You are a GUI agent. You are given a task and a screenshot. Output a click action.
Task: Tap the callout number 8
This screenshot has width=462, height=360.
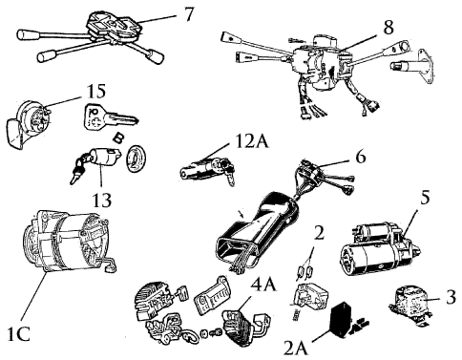coord(388,27)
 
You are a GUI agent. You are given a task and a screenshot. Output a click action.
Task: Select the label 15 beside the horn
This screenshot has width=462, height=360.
coord(95,92)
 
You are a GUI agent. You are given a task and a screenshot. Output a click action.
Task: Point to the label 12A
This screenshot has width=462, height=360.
coord(253,141)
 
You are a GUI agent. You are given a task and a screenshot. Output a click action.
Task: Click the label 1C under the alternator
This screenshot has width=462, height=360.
coord(18,334)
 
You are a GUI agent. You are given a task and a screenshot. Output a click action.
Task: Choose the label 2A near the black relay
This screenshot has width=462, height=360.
coord(296,348)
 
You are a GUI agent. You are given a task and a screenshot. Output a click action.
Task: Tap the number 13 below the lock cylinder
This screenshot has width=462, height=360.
coord(102,200)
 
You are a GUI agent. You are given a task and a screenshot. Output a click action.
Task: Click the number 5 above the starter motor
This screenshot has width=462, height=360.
coord(425,197)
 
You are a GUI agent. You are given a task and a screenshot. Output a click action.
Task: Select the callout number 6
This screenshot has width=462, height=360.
coord(360,157)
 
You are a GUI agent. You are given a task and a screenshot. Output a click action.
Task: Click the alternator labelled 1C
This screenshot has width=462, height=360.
coord(68,244)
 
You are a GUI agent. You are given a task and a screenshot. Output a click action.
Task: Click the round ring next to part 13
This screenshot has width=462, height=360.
coord(136,158)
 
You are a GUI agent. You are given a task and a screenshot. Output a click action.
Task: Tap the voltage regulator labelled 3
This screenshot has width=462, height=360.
coord(411,303)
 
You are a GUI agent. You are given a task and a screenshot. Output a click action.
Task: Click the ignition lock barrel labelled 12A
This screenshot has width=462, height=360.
coord(208,168)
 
